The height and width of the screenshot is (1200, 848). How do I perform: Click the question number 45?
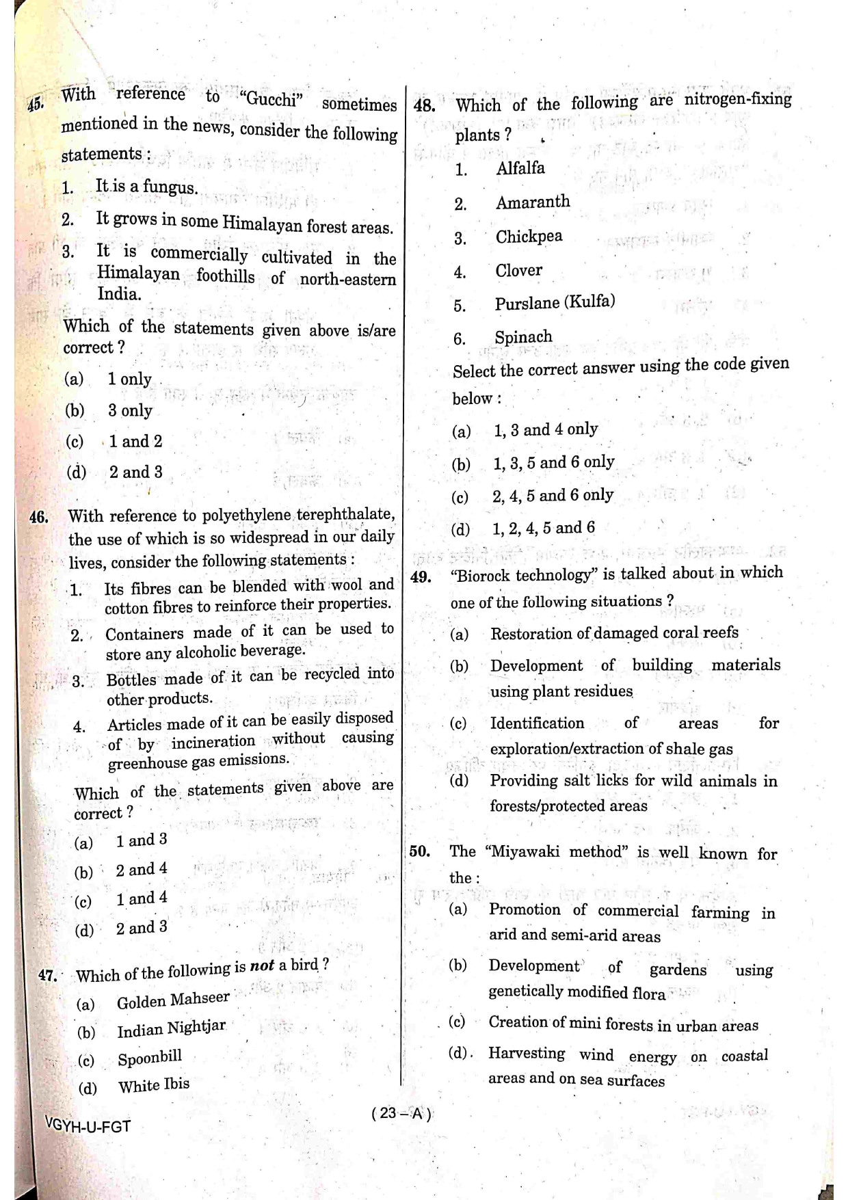tap(36, 104)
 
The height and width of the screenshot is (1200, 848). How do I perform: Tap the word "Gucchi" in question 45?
tap(272, 99)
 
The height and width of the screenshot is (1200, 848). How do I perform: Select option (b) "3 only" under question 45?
tap(130, 410)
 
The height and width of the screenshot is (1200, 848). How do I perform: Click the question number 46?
tap(39, 517)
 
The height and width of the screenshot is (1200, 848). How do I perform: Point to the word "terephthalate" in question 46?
tap(349, 514)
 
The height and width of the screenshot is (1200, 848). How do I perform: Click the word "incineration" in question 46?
tap(213, 742)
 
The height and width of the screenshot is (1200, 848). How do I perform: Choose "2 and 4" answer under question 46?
tap(141, 870)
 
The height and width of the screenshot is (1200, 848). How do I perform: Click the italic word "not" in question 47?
tap(262, 965)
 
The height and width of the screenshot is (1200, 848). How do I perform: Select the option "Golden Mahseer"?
tap(173, 1000)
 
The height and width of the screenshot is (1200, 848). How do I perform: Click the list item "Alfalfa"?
tap(520, 168)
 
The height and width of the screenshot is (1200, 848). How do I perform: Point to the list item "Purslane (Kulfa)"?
tap(555, 302)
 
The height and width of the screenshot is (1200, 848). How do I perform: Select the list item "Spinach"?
tap(523, 337)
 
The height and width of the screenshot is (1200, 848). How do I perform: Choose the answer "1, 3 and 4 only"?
tap(546, 429)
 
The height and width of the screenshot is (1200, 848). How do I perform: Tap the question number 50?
tap(419, 852)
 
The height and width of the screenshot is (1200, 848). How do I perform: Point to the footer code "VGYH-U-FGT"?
tap(87, 1125)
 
